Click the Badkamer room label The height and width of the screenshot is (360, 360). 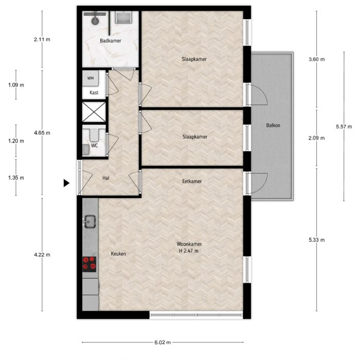coord(111,41)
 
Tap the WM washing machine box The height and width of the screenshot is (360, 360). coord(91,78)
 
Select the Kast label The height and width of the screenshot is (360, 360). coord(94,93)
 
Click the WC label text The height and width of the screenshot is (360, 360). coord(95,146)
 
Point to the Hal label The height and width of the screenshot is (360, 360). coord(106,178)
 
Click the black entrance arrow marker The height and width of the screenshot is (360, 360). coord(66,183)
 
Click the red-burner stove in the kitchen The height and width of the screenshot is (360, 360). coord(90,263)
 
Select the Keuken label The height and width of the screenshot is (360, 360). coord(118,254)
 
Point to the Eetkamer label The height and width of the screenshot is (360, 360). coord(192,182)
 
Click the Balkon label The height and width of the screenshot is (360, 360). coord(273,125)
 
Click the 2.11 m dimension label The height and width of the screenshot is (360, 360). coord(42,39)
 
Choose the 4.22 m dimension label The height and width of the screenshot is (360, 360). coord(42,254)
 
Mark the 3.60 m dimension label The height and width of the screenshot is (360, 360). coord(316,60)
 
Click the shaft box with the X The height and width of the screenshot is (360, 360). coord(95,112)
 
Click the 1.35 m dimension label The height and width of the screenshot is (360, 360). coord(16,177)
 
